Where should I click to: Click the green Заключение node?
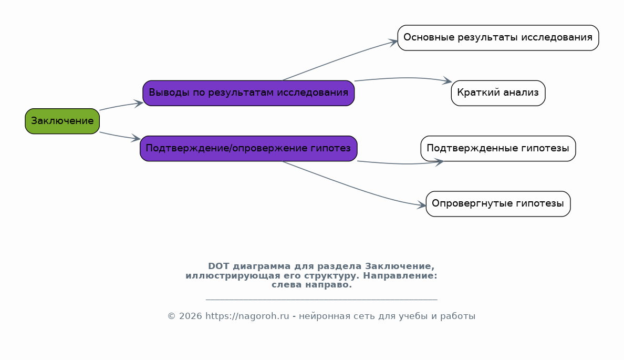(62, 121)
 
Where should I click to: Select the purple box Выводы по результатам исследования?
(248, 93)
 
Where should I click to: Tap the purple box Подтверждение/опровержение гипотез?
(248, 149)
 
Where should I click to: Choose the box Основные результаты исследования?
(498, 38)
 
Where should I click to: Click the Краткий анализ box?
(498, 93)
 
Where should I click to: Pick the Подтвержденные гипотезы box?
(498, 149)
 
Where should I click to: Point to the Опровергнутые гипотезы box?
(498, 204)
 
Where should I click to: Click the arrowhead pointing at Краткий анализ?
(448, 81)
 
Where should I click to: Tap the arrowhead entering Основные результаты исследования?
(393, 42)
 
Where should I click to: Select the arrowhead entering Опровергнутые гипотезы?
(421, 205)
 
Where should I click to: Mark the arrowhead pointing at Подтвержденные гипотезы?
(439, 162)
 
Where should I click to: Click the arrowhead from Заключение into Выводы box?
(139, 104)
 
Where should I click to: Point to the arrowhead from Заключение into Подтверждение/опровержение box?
(136, 139)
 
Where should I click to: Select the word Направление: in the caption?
(400, 275)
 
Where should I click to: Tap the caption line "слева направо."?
(311, 285)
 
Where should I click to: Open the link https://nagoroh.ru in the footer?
(247, 316)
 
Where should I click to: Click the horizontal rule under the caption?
(321, 299)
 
